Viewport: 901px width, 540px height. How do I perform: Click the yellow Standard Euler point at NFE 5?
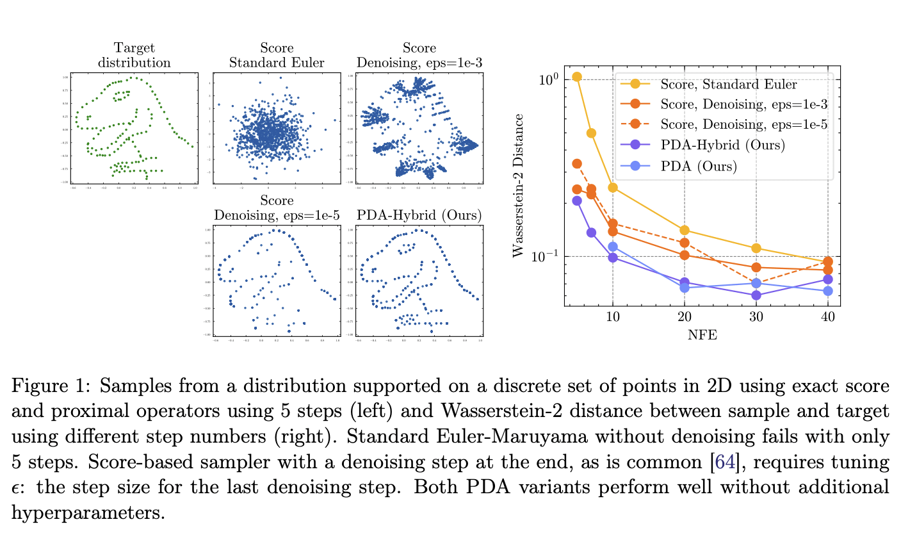[577, 77]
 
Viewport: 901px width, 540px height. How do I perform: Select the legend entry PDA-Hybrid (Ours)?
[722, 145]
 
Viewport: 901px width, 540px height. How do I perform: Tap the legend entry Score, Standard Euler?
[729, 84]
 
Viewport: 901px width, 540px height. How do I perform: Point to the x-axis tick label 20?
[684, 317]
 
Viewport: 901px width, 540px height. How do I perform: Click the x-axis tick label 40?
[827, 317]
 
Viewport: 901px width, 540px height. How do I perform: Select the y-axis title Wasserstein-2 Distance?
[519, 186]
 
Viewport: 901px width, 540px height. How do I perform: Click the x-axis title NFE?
[702, 334]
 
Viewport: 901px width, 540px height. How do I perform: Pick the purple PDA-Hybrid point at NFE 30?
[756, 295]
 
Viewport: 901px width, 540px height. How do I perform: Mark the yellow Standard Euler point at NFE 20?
[685, 230]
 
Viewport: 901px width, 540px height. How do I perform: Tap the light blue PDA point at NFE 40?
[827, 291]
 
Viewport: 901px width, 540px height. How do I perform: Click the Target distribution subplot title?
[134, 55]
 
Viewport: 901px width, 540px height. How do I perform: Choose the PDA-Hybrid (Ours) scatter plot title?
[419, 215]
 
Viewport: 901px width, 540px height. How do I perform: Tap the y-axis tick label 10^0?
[548, 79]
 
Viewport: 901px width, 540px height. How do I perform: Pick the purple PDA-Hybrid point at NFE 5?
[577, 200]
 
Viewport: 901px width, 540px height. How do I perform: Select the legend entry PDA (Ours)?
[699, 166]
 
